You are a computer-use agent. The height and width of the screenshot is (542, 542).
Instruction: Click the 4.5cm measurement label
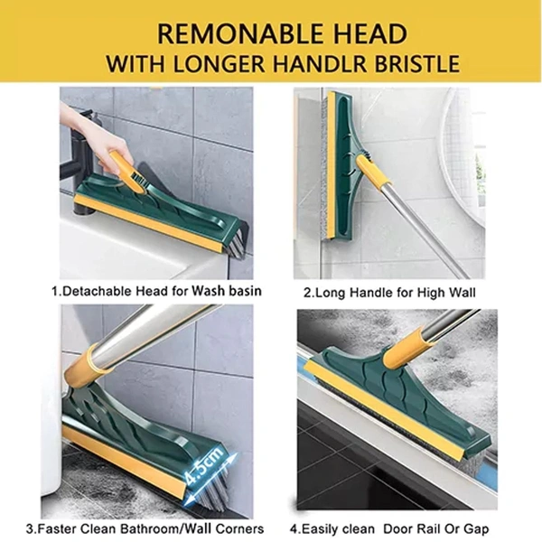click(203, 465)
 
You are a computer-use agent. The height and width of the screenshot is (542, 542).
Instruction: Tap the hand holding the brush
click(91, 135)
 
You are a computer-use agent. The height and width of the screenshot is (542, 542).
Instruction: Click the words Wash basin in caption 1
click(227, 291)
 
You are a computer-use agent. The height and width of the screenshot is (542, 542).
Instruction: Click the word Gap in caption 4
click(477, 528)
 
